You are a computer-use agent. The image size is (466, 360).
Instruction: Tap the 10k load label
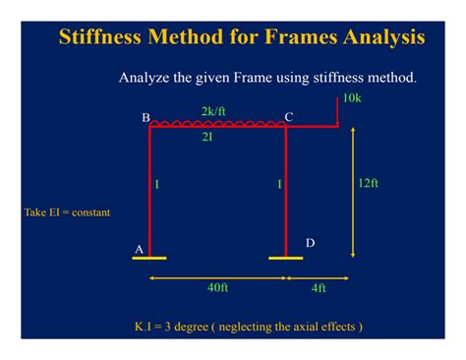point(353,97)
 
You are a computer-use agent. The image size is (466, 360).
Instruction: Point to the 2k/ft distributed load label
point(213,111)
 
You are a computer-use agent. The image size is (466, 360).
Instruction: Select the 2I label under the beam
point(206,138)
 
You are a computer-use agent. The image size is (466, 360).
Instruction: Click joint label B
point(146,118)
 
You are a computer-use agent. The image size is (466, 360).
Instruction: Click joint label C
point(289,117)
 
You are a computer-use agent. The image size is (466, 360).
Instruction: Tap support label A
point(139,249)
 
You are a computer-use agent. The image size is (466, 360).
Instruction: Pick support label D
point(311,242)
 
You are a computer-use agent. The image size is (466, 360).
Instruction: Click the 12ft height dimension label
point(368,183)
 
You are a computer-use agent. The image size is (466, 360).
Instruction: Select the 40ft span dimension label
point(217,288)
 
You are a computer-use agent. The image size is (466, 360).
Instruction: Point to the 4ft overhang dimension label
point(318,288)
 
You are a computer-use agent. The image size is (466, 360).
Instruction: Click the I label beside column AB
point(158,184)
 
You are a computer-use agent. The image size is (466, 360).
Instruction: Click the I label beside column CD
point(279,184)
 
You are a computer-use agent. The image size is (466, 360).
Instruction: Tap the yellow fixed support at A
point(149,258)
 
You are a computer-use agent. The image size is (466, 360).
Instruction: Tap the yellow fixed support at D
point(286,258)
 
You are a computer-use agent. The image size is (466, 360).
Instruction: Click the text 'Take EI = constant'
point(67,212)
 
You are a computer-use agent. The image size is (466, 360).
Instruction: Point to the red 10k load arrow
point(337,111)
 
